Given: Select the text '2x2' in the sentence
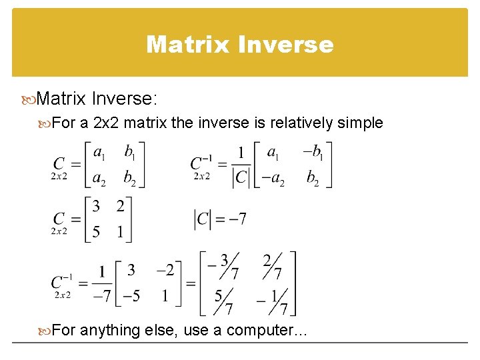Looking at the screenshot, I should [x=106, y=123].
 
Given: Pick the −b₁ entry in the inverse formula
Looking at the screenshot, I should [x=311, y=153].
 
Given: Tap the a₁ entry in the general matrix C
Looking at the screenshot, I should [x=99, y=153].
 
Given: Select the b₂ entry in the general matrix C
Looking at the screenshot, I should [x=130, y=179].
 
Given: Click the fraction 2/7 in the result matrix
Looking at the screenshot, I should [x=271, y=266].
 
